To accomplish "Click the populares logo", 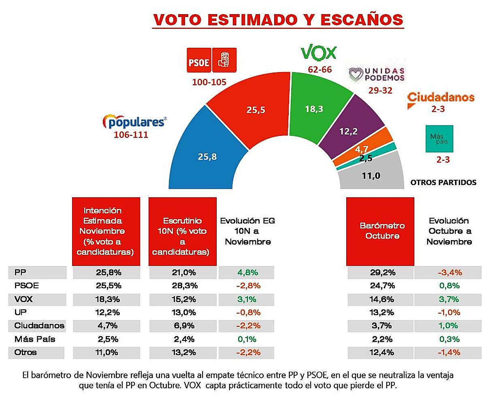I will [x=135, y=121].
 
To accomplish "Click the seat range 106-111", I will [x=131, y=134].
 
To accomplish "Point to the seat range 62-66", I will [x=320, y=70].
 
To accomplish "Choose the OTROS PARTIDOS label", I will [x=443, y=182].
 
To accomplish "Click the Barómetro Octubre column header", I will [x=380, y=231].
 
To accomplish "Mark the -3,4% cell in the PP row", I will [x=449, y=273].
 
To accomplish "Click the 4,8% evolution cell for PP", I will [x=246, y=273].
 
